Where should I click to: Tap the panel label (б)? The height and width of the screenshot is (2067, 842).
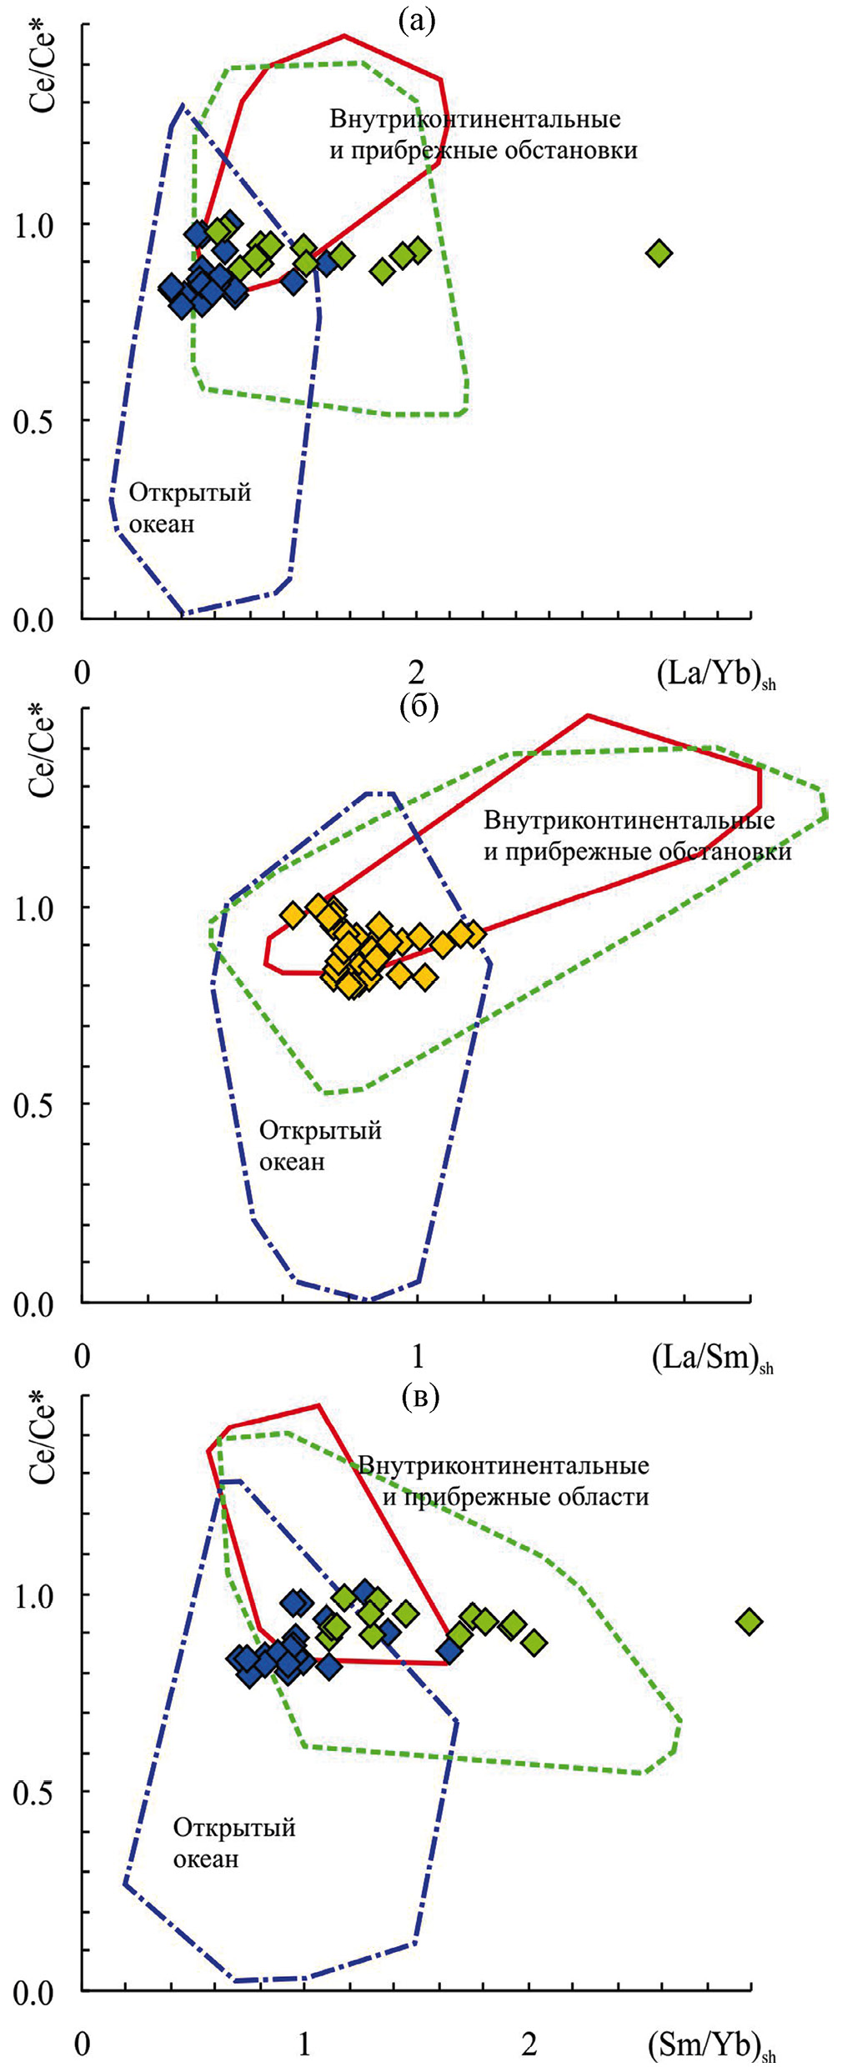pyautogui.click(x=418, y=705)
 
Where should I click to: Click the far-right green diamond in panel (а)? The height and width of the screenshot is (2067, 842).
pyautogui.click(x=659, y=253)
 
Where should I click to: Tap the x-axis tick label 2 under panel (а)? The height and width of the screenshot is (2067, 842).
pyautogui.click(x=416, y=672)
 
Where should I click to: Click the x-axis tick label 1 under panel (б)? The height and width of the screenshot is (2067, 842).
pyautogui.click(x=418, y=1357)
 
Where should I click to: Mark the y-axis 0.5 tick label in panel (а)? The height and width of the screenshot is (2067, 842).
pyautogui.click(x=33, y=422)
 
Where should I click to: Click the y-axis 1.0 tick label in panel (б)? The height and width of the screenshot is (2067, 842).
pyautogui.click(x=34, y=908)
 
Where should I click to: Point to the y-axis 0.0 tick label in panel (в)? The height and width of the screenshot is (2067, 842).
pyautogui.click(x=33, y=1994)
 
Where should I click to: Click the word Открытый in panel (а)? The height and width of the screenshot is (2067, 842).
pyautogui.click(x=189, y=493)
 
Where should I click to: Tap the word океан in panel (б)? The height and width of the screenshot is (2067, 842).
pyautogui.click(x=292, y=1162)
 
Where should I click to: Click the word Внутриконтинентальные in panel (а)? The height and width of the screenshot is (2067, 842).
pyautogui.click(x=475, y=119)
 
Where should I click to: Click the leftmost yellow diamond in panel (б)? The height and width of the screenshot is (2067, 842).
pyautogui.click(x=292, y=914)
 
